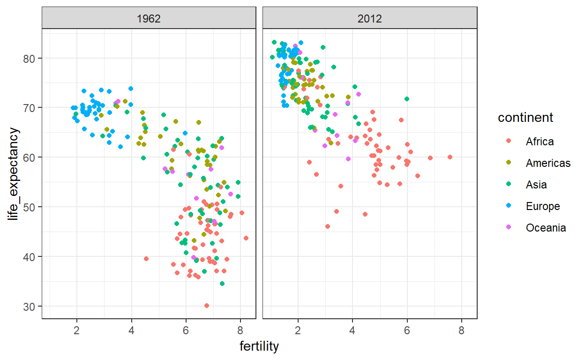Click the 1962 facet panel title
(x=149, y=19)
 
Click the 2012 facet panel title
(x=370, y=19)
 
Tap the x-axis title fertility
(x=259, y=346)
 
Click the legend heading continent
(x=525, y=118)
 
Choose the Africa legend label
(x=540, y=142)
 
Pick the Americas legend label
(x=548, y=163)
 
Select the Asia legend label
(x=536, y=185)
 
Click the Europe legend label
(x=543, y=206)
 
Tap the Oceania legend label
(x=546, y=228)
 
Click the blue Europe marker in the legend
(x=509, y=206)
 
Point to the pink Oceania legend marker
(x=509, y=228)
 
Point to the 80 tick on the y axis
(x=33, y=58)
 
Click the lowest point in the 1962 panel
(x=207, y=306)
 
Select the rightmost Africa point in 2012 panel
(x=450, y=157)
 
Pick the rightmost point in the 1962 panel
(x=246, y=238)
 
